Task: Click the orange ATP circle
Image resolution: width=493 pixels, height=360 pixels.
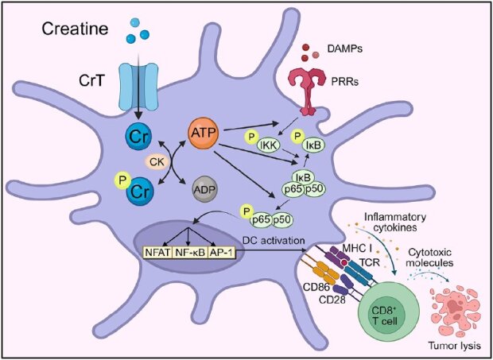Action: point(203,134)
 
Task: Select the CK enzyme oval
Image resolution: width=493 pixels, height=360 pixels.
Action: point(157,162)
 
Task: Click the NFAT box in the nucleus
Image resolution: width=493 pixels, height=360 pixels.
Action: point(157,252)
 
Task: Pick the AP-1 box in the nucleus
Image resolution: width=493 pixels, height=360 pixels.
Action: point(221,252)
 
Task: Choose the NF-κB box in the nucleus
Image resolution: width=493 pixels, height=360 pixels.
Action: point(190,252)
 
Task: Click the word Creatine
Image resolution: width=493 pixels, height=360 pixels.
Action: point(76,29)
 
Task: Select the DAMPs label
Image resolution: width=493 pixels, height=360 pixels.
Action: point(344,49)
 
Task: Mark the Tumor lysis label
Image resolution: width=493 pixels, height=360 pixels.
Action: point(455,346)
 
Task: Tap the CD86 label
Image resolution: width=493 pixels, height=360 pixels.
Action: point(316,287)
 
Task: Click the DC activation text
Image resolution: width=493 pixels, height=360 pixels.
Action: point(274,240)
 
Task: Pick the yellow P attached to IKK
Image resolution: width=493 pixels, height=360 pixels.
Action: point(251,137)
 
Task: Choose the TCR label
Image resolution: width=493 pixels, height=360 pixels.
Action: point(370,262)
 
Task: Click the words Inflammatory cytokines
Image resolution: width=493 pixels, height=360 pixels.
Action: point(395,222)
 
